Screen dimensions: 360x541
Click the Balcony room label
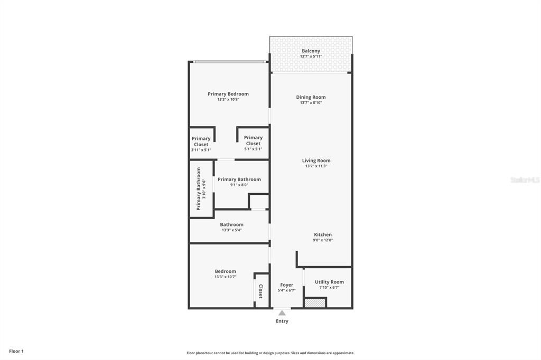[x=311, y=51]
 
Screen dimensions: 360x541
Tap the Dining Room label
[x=311, y=97]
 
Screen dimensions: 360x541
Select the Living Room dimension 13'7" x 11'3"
[x=316, y=166]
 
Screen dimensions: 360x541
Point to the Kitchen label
[x=323, y=234]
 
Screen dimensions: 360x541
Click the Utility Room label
[x=329, y=282]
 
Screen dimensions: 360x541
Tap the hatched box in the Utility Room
[x=315, y=303]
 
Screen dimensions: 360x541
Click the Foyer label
[x=286, y=285]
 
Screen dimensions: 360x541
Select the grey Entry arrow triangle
[x=282, y=313]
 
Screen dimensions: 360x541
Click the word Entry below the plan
[x=282, y=321]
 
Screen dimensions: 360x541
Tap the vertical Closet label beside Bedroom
[x=260, y=291]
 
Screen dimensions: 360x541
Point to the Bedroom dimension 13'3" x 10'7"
[x=225, y=277]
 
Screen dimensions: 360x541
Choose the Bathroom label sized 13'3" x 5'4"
[x=231, y=224]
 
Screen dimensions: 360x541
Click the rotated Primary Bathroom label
[x=199, y=188]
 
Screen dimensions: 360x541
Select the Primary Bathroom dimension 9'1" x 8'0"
[x=239, y=185]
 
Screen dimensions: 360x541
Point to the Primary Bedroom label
[x=228, y=94]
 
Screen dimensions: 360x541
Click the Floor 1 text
[x=16, y=351]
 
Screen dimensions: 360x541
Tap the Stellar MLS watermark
[x=525, y=180]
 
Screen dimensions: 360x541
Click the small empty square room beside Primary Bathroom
[x=259, y=202]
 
